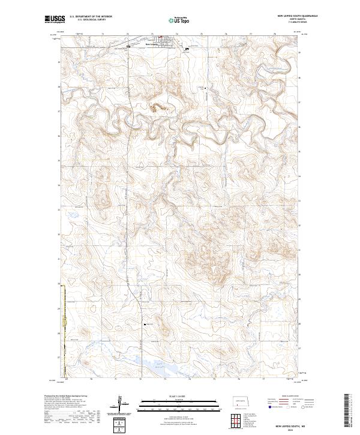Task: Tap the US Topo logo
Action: (x=179, y=21)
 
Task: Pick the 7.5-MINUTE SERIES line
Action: (x=305, y=23)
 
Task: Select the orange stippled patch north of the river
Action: (x=157, y=108)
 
